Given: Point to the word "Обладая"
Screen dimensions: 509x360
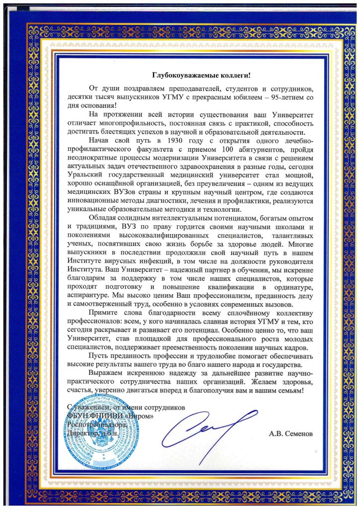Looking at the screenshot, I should [104, 218].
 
